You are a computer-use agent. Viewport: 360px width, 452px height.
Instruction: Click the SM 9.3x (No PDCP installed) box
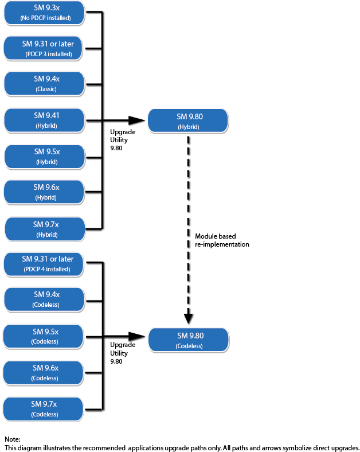45,13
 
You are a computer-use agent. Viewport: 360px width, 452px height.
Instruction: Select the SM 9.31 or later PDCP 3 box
45,49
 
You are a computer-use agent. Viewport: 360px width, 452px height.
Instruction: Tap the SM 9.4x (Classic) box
45,84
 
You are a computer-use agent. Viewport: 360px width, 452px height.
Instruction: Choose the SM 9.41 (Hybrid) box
45,120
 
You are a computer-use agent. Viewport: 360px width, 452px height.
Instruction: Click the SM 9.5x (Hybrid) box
45,157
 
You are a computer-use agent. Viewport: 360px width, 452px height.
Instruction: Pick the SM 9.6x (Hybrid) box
45,192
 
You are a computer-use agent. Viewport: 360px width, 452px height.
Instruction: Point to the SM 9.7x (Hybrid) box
45,229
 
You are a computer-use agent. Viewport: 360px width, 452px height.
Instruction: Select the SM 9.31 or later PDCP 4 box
45,264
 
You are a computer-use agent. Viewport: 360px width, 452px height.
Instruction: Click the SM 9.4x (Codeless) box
45,300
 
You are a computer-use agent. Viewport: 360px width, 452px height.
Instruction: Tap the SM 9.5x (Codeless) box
45,337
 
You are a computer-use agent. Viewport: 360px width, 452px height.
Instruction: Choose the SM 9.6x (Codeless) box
45,373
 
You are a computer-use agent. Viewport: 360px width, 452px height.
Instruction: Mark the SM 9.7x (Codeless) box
45,409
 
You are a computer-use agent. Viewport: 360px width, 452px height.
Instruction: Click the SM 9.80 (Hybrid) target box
188,121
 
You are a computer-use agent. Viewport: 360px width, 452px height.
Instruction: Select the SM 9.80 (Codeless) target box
189,340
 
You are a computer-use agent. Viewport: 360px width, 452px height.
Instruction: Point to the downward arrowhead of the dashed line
189,318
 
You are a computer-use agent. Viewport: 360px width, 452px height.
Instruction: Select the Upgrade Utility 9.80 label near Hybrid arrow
123,139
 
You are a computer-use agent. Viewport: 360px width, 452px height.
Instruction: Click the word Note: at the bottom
13,439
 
